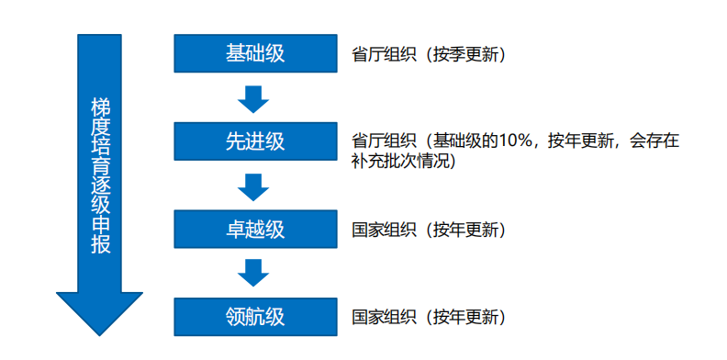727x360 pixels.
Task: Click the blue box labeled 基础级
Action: click(255, 53)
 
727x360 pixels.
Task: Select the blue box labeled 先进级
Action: click(255, 141)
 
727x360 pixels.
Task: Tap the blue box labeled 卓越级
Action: click(255, 228)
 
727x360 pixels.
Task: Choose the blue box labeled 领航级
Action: click(255, 317)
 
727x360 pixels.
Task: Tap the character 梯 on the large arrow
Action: click(100, 106)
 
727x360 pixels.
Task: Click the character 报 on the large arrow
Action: click(100, 248)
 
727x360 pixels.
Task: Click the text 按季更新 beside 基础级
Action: click(464, 54)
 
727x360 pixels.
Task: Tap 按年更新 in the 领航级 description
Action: click(464, 318)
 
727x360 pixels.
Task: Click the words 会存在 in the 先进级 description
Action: click(654, 141)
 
